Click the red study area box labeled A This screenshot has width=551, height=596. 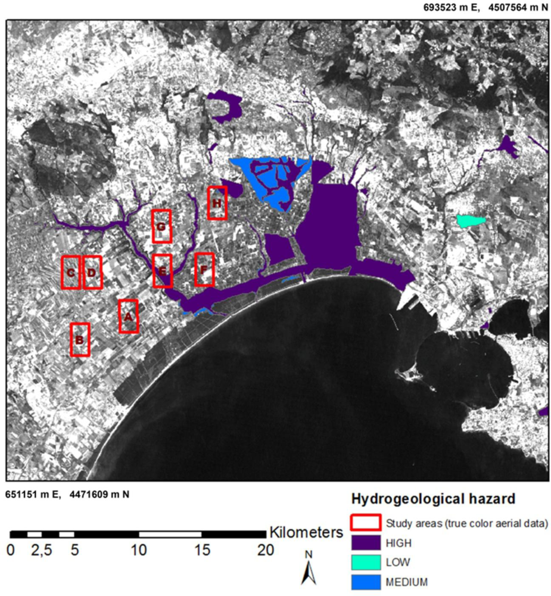128,316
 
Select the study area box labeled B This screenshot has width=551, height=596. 80,340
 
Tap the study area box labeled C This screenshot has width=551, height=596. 71,272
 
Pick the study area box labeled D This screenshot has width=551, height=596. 92,272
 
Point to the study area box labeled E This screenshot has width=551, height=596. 162,271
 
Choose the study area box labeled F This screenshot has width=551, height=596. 204,269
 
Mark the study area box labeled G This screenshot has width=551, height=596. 161,226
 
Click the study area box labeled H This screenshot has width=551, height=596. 217,203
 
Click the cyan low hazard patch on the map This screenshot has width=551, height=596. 471,221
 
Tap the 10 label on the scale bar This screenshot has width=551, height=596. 138,550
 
